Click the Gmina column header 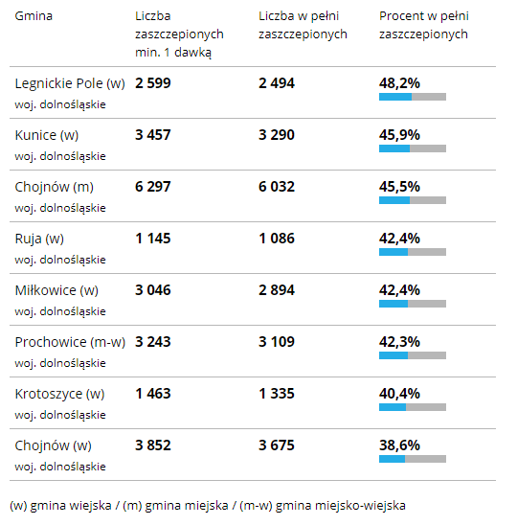coord(34,16)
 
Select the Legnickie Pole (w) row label coord(70,83)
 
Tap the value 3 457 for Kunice coord(153,135)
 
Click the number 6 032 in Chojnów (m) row coord(277,187)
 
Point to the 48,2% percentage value coord(399,83)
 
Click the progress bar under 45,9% coord(413,148)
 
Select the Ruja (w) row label coord(39,239)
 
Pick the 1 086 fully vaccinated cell coord(277,239)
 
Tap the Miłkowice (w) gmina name coord(56,290)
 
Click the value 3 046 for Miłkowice coord(153,290)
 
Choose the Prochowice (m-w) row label coord(70,342)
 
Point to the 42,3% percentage coord(399,342)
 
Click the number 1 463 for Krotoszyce coord(153,394)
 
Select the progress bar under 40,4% coord(413,407)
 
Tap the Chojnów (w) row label coord(53,445)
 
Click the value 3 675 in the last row coord(277,445)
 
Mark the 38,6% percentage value coord(399,445)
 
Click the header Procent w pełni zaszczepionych coord(423,25)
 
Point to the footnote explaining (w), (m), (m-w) coord(208,506)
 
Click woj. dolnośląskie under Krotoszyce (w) coord(60,415)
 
